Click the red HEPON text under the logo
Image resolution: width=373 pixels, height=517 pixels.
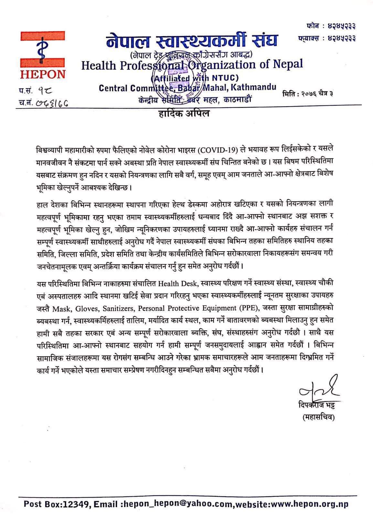pos(43,74)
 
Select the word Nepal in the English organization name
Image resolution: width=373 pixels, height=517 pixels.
pos(286,64)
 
